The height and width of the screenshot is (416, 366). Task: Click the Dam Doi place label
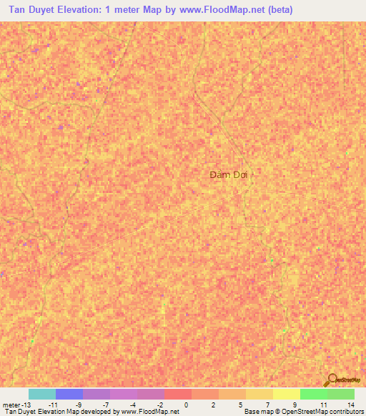tap(231, 174)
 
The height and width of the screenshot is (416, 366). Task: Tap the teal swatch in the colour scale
tap(41, 394)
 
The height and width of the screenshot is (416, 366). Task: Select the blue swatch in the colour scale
tap(69, 394)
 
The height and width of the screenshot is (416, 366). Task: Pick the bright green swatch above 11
tap(313, 394)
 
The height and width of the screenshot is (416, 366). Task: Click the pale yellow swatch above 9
tap(286, 394)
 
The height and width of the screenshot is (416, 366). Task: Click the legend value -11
tap(53, 405)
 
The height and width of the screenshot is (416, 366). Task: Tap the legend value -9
tap(79, 405)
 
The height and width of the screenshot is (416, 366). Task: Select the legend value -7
tap(106, 405)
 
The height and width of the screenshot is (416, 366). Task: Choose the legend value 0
tap(187, 405)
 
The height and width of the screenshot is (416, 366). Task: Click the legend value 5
tap(241, 405)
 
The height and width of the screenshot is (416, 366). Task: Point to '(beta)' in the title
tap(277, 11)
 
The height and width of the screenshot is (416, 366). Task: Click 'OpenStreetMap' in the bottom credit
tap(303, 412)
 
